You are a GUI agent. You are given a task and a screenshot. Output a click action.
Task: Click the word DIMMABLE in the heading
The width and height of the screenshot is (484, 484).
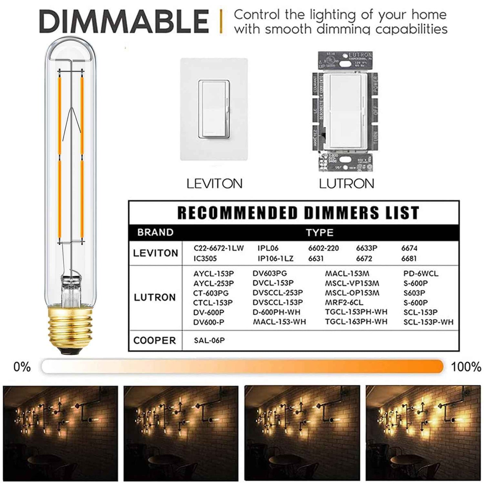pyautogui.click(x=124, y=22)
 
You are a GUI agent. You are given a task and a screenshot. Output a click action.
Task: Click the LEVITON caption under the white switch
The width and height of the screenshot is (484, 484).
pyautogui.click(x=214, y=184)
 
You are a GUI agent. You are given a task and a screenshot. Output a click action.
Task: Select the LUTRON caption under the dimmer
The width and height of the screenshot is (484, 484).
pyautogui.click(x=346, y=184)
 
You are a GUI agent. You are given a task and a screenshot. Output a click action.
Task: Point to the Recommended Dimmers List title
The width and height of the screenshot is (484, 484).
pyautogui.click(x=298, y=213)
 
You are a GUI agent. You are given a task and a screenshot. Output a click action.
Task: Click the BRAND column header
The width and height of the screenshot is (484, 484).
pyautogui.click(x=155, y=232)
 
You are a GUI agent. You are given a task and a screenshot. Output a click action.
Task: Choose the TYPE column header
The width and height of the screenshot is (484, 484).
pyautogui.click(x=319, y=233)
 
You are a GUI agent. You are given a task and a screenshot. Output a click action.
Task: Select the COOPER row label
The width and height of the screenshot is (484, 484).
pyautogui.click(x=154, y=340)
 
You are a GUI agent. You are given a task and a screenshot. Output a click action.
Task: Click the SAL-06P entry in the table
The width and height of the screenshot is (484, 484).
pyautogui.click(x=209, y=340)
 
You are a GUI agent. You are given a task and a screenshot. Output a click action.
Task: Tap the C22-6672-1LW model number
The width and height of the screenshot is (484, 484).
pyautogui.click(x=219, y=248)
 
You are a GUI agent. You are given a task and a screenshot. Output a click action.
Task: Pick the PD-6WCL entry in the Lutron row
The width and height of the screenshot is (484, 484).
pyautogui.click(x=421, y=274)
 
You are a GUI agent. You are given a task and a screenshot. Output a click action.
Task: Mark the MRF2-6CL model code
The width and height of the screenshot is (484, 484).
pyautogui.click(x=344, y=302)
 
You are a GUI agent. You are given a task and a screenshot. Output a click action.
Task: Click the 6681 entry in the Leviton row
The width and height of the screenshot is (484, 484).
pyautogui.click(x=409, y=259)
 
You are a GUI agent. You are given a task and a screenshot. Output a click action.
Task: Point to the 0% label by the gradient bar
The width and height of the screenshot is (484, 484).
pyautogui.click(x=22, y=367)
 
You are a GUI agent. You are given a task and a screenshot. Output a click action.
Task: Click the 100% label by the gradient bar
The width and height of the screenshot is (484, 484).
pyautogui.click(x=466, y=367)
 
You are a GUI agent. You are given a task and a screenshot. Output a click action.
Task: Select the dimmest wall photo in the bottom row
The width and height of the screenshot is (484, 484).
pyautogui.click(x=61, y=433)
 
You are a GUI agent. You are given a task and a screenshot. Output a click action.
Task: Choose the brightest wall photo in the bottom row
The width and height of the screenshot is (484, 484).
pyautogui.click(x=423, y=433)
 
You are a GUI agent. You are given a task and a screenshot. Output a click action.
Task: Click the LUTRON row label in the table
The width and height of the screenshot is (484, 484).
pyautogui.click(x=155, y=297)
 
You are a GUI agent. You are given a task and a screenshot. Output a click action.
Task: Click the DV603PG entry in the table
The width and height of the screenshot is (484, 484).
pyautogui.click(x=270, y=274)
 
